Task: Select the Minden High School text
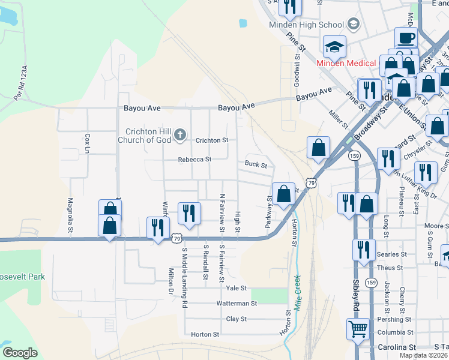[x=314, y=25]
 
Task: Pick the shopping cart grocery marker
[x=358, y=329]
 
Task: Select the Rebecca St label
[x=194, y=160]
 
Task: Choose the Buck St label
[x=256, y=164]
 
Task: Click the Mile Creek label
[x=296, y=292]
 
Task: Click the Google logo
[x=20, y=353]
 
